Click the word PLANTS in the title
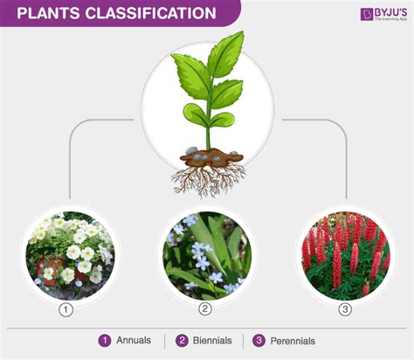48,13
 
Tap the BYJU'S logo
383,14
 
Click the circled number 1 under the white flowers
66,309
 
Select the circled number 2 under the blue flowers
205,309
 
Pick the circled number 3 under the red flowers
345,309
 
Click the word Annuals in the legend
134,340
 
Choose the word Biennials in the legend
212,341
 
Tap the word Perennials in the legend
293,341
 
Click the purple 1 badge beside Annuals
105,341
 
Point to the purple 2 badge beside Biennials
182,341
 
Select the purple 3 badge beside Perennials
259,341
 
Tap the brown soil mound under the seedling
211,157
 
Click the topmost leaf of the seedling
226,54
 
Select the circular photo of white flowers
70,255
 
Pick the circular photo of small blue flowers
207,255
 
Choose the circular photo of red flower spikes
345,255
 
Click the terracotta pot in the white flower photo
50,269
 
